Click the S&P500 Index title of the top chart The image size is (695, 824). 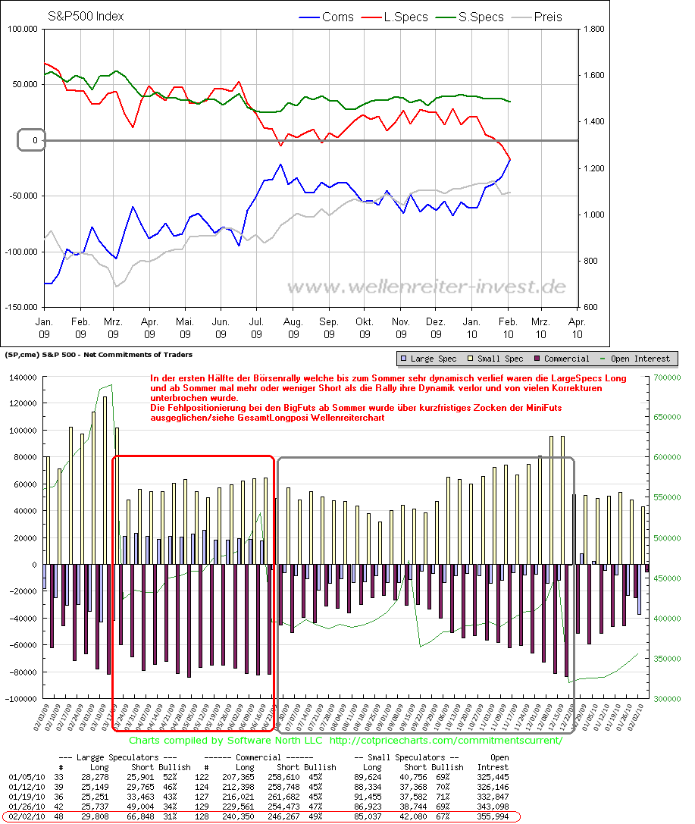[86, 16]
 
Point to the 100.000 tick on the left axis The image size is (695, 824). [22, 30]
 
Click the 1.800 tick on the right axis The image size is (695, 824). [594, 30]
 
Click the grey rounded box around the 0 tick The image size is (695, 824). [31, 140]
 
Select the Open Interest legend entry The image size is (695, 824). [641, 359]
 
